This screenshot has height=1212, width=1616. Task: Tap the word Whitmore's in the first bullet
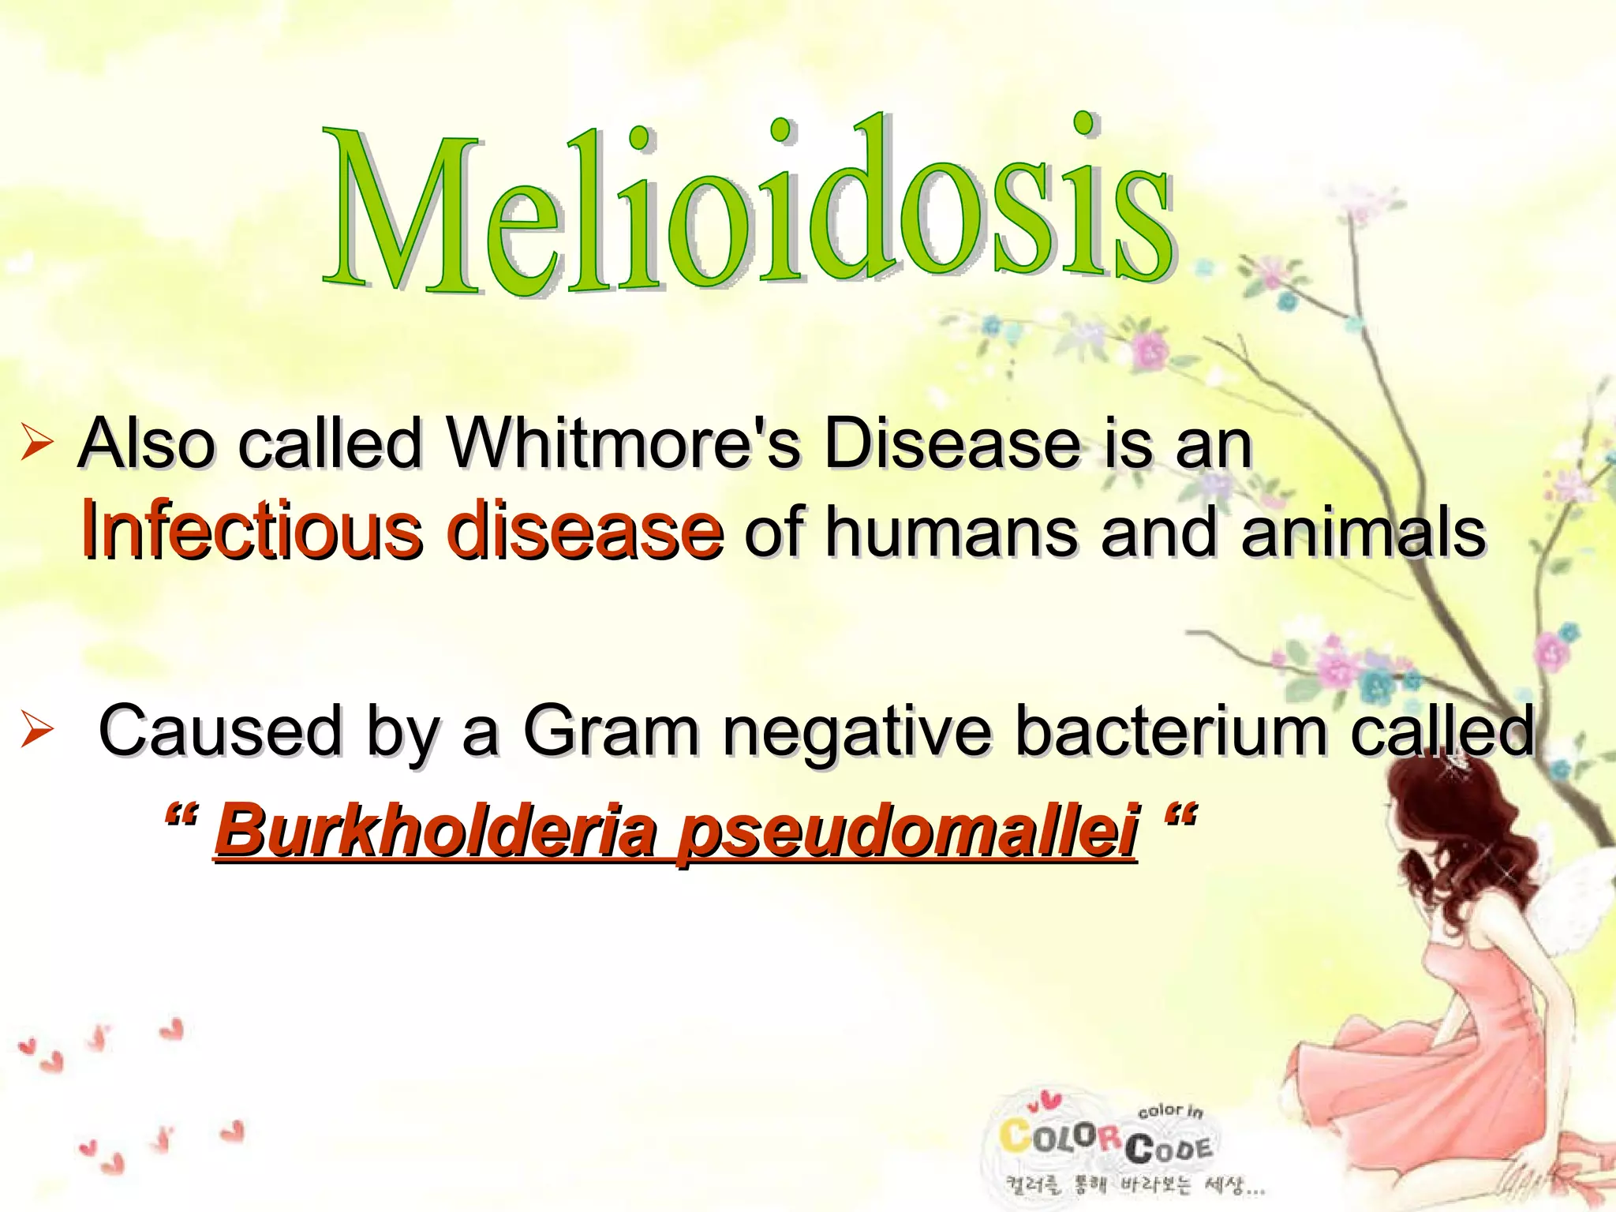click(x=623, y=444)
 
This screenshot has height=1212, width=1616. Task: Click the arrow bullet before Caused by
click(x=36, y=730)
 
